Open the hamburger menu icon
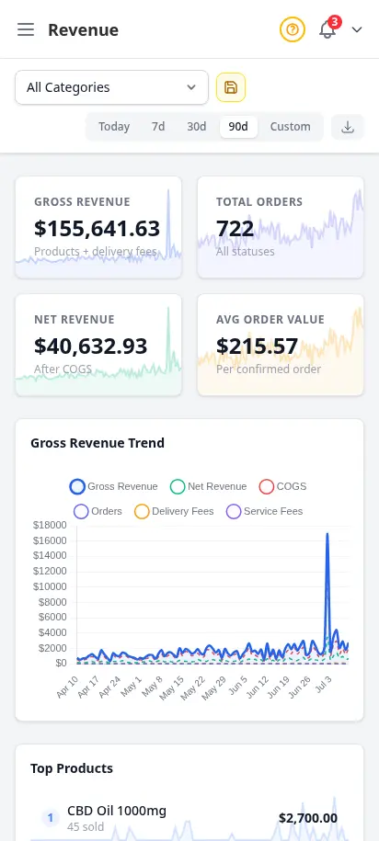coord(26,29)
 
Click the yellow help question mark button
coord(292,29)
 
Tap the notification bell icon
coord(327,29)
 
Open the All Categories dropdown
coord(111,87)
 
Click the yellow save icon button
coord(231,87)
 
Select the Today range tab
coord(114,127)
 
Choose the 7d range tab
coord(158,127)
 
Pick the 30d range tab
coord(197,127)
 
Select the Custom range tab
coord(290,127)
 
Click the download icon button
coord(348,127)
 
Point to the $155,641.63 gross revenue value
coord(98,229)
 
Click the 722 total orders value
coord(235,229)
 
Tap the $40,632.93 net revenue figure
coord(91,346)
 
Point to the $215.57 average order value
coord(258,346)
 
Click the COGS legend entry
coord(283,486)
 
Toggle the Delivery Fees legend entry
coord(174,511)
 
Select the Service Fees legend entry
coord(265,511)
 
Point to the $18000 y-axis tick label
coord(50,525)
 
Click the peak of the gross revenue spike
coord(327,534)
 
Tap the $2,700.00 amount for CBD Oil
coord(308,818)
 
